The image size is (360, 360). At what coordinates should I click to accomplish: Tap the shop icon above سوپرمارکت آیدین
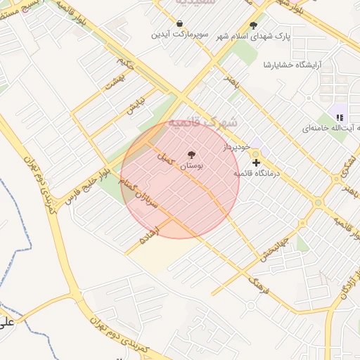tap(181, 22)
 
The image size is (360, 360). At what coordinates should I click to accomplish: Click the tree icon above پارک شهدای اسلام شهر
tap(253, 25)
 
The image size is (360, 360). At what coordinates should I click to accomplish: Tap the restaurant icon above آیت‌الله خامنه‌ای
tap(340, 117)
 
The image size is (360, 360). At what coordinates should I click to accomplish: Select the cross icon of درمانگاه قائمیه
tap(256, 162)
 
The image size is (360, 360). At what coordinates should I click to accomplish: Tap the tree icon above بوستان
tap(191, 155)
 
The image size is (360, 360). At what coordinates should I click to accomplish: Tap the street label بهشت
tap(112, 84)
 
